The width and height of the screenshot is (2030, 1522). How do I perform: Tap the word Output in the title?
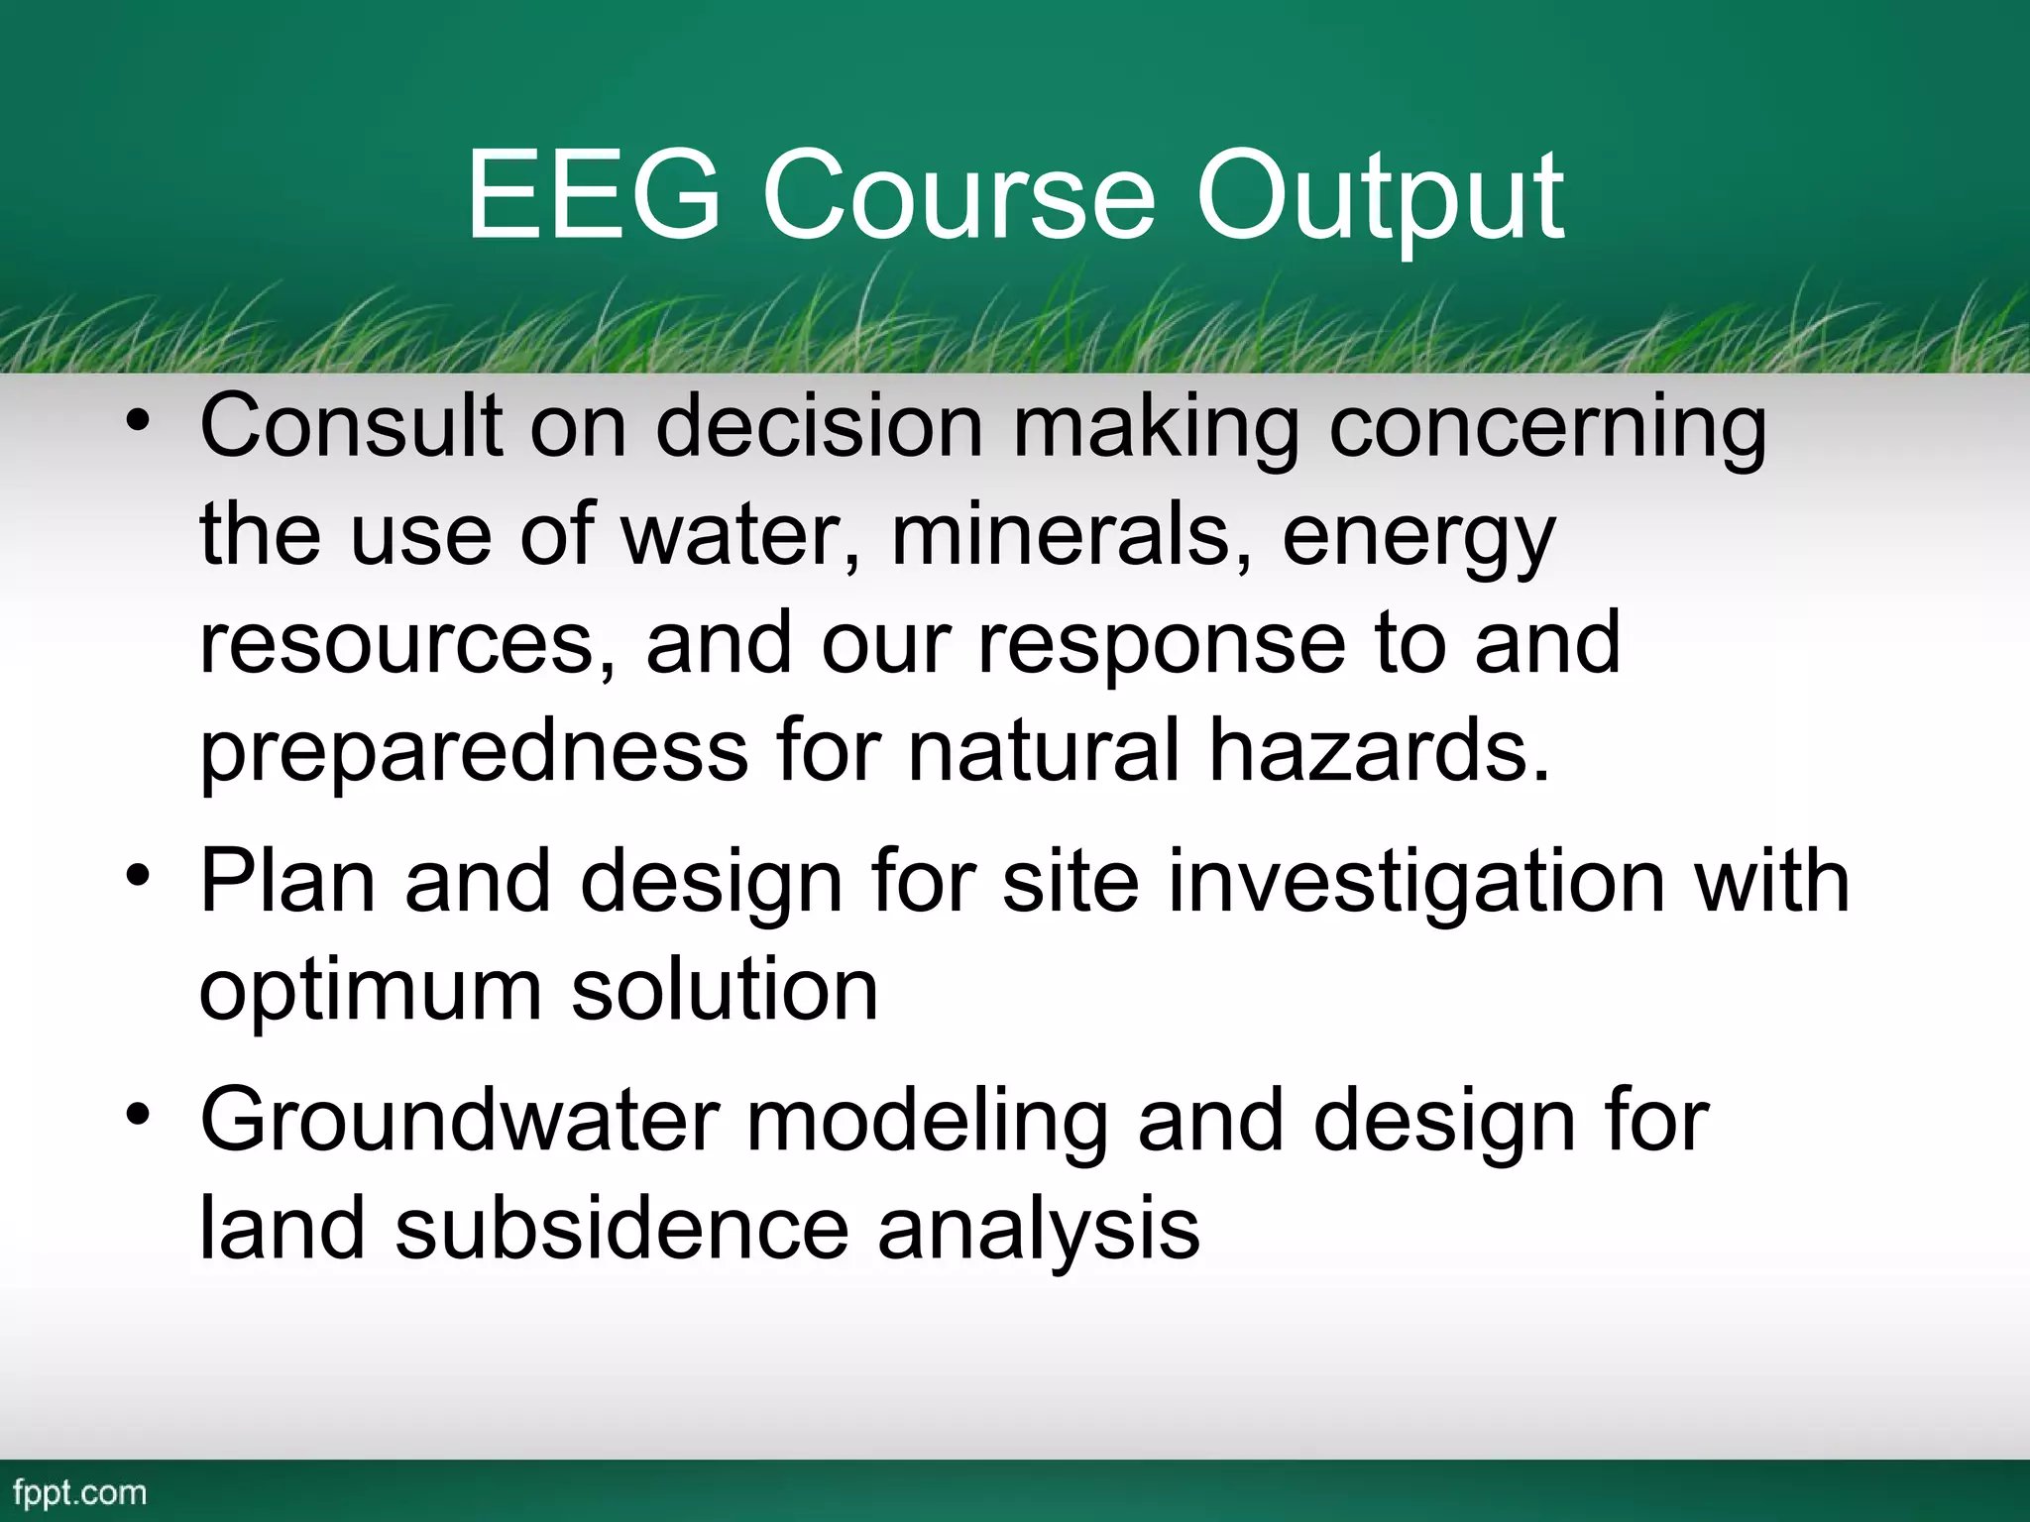point(1380,198)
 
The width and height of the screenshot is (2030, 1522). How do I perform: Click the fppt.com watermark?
point(80,1492)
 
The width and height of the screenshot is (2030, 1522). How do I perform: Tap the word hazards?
point(1378,750)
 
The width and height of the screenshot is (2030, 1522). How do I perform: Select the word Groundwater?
point(459,1122)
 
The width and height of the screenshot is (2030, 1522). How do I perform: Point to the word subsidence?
point(621,1229)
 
